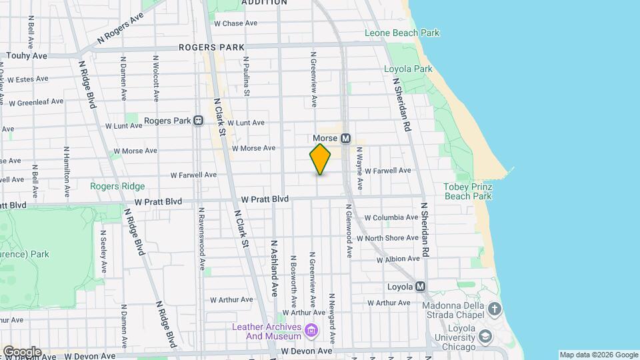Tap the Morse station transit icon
(345, 139)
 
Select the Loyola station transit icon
(420, 287)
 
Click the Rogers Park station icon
(198, 121)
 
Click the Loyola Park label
(408, 69)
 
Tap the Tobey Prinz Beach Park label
(467, 191)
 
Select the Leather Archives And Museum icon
(311, 330)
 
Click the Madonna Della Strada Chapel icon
(494, 309)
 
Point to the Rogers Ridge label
(117, 186)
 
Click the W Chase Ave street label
(235, 23)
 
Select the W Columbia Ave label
(391, 218)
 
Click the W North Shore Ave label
(387, 238)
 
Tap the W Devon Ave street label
(307, 351)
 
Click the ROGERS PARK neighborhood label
(211, 47)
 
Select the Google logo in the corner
(22, 351)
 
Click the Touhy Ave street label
(26, 57)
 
